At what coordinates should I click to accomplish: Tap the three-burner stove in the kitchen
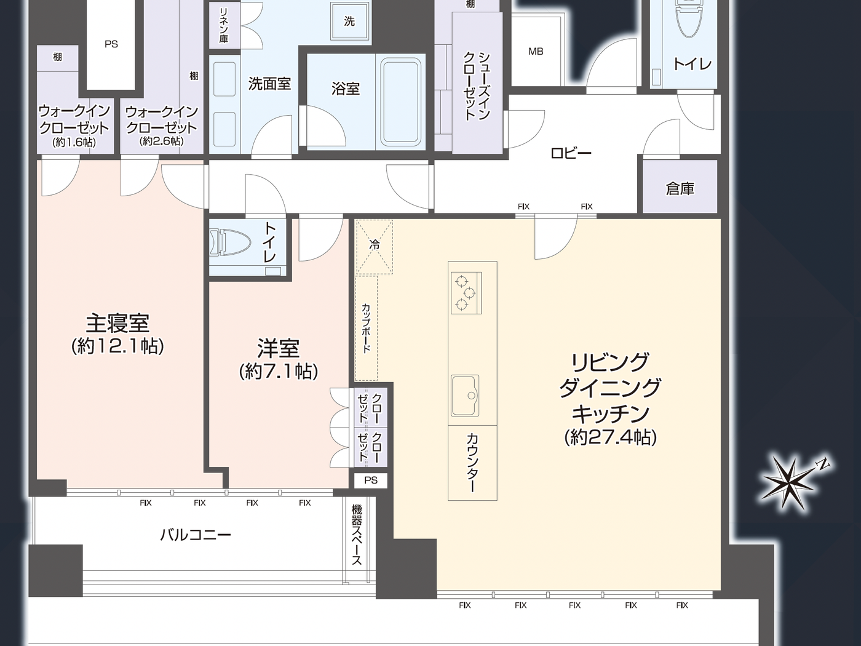pyautogui.click(x=466, y=293)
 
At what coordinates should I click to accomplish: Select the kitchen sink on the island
pyautogui.click(x=464, y=395)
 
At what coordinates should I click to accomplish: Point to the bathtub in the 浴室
pyautogui.click(x=402, y=102)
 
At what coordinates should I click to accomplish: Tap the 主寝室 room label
pyautogui.click(x=117, y=323)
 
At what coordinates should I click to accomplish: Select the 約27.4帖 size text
pyautogui.click(x=610, y=437)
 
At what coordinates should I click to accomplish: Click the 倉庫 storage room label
pyautogui.click(x=680, y=189)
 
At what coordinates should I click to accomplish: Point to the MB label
pyautogui.click(x=536, y=52)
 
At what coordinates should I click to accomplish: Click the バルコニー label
pyautogui.click(x=196, y=534)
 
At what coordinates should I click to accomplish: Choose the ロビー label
pyautogui.click(x=571, y=153)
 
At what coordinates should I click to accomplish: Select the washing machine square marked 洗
pyautogui.click(x=349, y=22)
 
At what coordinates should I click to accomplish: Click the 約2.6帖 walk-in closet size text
pyautogui.click(x=162, y=142)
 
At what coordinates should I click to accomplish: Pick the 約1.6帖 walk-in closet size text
pyautogui.click(x=74, y=142)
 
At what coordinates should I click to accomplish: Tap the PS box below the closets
pyautogui.click(x=370, y=480)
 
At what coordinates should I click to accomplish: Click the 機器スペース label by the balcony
pyautogui.click(x=357, y=534)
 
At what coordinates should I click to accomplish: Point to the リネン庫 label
pyautogui.click(x=224, y=25)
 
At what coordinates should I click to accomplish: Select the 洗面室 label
pyautogui.click(x=269, y=84)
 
